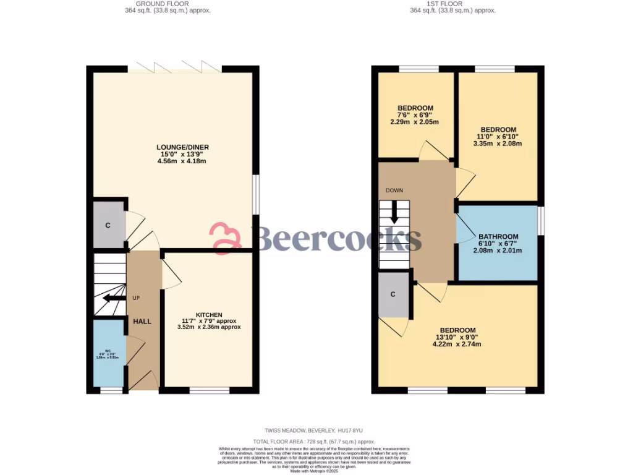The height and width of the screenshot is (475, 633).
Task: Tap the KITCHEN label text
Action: click(x=209, y=315)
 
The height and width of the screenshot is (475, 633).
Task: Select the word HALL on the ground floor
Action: click(x=142, y=321)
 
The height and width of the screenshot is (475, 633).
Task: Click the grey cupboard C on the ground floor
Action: click(x=108, y=225)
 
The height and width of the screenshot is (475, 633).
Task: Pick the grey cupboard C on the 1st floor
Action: click(x=393, y=294)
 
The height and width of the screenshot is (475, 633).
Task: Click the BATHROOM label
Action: click(x=498, y=237)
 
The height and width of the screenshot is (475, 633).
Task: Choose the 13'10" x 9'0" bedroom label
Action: click(x=457, y=330)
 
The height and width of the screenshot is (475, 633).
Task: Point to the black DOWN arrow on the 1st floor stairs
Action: click(x=394, y=213)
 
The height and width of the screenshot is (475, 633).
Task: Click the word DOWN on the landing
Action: click(x=394, y=190)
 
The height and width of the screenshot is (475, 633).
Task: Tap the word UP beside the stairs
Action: click(x=137, y=298)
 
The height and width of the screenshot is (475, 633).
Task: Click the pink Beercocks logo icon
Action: click(x=225, y=238)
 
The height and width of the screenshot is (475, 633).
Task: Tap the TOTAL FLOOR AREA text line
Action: click(x=316, y=442)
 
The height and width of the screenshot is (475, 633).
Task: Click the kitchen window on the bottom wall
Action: click(x=209, y=390)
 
